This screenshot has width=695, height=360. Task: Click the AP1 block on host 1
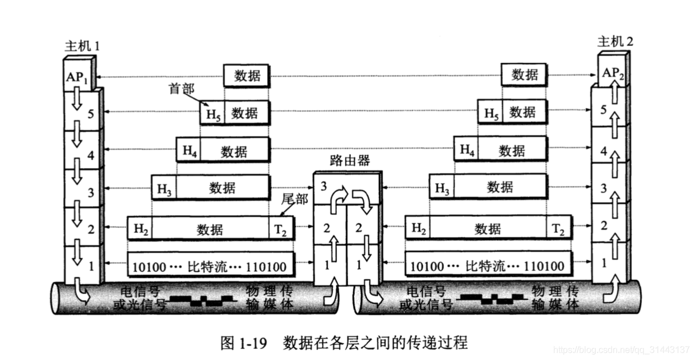coord(77,77)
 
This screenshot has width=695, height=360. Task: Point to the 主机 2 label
coord(616,41)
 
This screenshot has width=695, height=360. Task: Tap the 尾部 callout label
coord(295,199)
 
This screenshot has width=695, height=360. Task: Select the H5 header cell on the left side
coord(212,114)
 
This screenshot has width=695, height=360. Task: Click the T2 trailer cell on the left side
coord(281,229)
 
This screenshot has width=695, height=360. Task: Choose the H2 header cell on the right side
coord(418,229)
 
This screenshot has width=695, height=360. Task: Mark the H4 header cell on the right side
coord(466,150)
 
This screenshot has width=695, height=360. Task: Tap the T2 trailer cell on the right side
coord(558,229)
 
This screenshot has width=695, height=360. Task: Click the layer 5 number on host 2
coord(604,109)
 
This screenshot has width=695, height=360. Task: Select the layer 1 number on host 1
coord(91,266)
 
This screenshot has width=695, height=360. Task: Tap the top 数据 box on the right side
coord(524,75)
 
